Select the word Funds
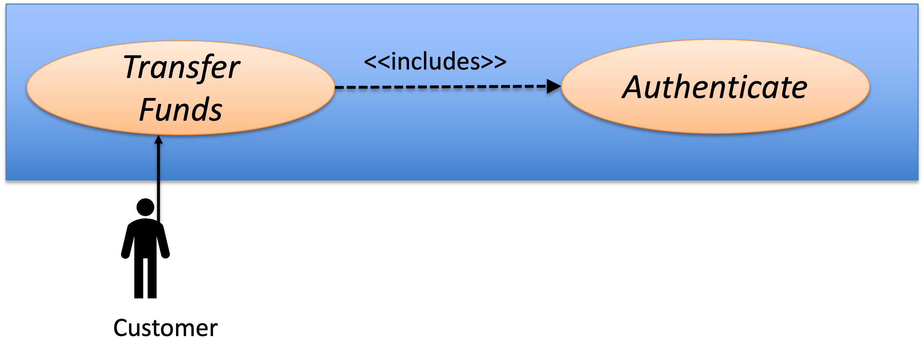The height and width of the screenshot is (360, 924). pos(180,109)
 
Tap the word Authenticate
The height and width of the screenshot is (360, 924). pos(715,87)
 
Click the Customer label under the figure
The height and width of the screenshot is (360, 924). pos(165,328)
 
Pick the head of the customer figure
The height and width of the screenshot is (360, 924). pos(145,207)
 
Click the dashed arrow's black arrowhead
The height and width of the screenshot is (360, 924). pos(554,86)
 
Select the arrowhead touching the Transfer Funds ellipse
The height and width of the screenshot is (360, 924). pos(159,139)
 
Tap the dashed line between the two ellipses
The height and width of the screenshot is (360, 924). pos(440,87)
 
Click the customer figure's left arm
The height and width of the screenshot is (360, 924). pos(128,240)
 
